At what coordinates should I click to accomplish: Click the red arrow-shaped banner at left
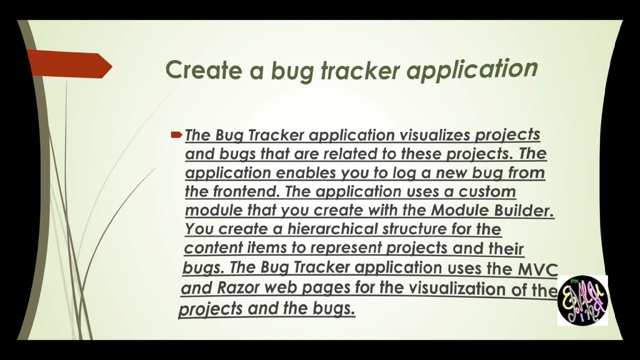pyautogui.click(x=70, y=64)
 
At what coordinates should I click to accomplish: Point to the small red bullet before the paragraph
pyautogui.click(x=176, y=134)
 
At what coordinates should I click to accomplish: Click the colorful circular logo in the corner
pyautogui.click(x=582, y=300)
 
